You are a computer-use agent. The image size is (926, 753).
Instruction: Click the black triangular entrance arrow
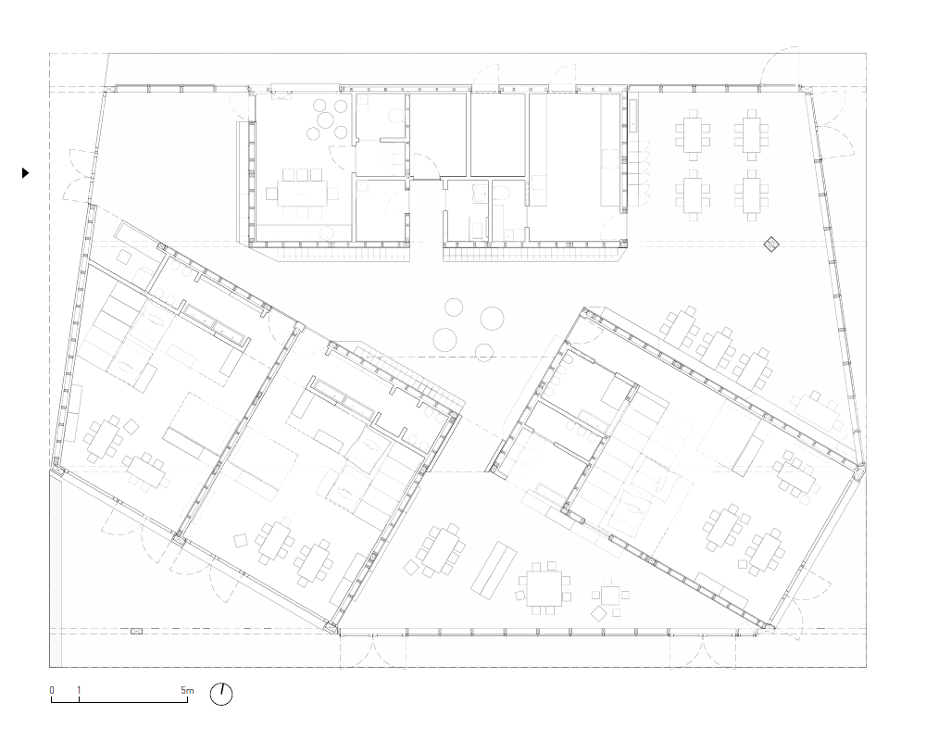25,173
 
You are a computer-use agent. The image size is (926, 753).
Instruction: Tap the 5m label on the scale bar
187,690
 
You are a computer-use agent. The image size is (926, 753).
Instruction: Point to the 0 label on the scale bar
52,690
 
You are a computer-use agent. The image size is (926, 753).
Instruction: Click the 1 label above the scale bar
79,690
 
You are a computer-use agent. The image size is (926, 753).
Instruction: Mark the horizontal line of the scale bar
119,702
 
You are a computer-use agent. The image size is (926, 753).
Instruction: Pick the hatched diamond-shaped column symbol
771,244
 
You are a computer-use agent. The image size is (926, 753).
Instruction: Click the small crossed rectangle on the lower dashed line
136,632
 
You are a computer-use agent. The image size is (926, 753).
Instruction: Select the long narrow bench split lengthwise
494,568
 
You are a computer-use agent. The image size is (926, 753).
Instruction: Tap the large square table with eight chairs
544,588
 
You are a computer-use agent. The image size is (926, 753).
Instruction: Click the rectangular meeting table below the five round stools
302,193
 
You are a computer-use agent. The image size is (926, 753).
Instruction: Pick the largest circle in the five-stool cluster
326,121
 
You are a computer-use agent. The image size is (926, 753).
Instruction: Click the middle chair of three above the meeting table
302,174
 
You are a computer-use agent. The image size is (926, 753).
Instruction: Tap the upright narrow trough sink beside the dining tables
633,116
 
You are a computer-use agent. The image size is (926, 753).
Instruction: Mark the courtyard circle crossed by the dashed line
483,353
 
